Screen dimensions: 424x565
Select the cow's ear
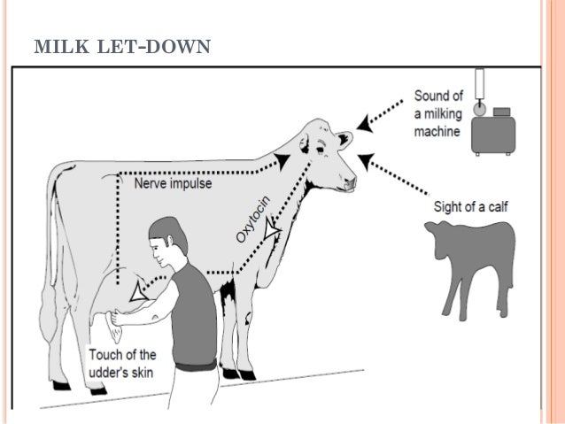[344, 140]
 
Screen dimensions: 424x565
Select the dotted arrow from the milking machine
[385, 120]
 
